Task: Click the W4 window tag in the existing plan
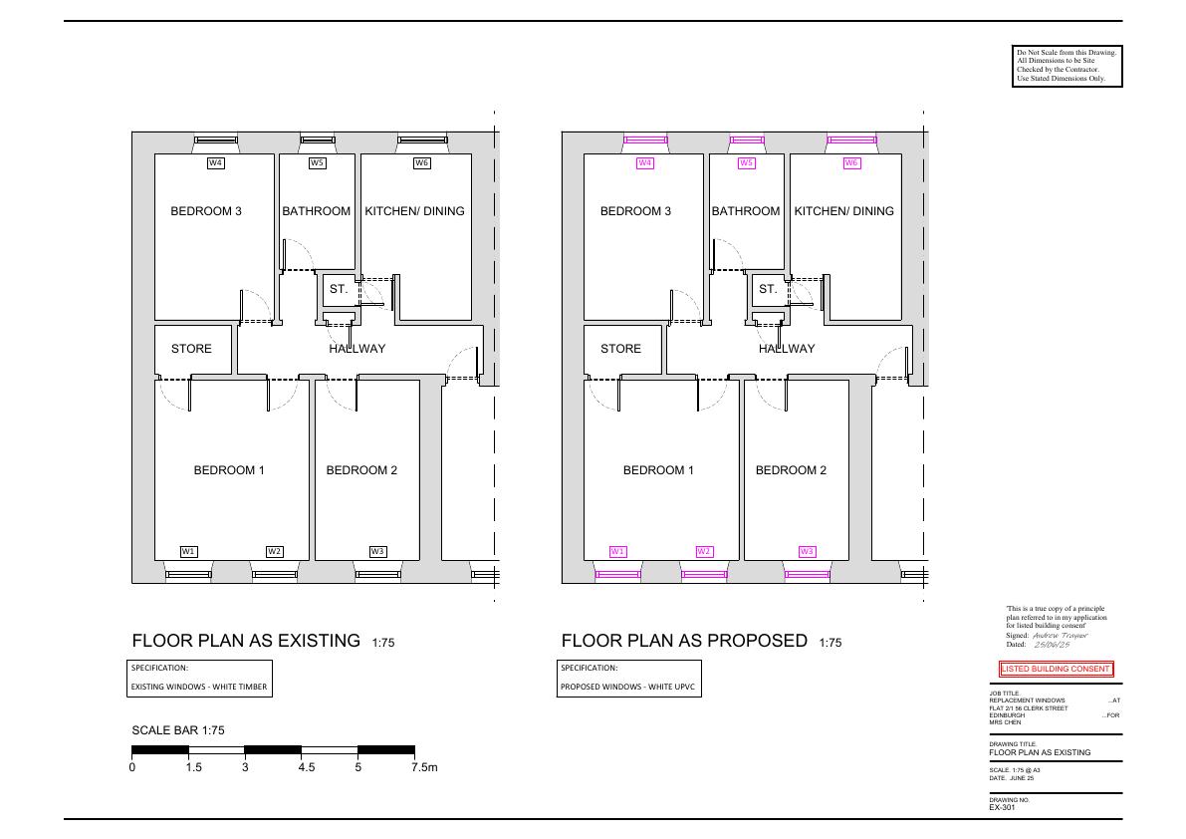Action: tap(215, 162)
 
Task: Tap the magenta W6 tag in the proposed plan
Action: tap(851, 162)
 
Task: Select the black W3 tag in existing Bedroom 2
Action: tap(378, 551)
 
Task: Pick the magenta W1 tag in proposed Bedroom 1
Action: tap(618, 551)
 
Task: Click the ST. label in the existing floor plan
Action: tap(339, 289)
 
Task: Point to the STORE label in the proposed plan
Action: tap(620, 349)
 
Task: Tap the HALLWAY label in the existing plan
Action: tap(357, 349)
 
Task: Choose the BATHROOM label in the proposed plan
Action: tap(746, 211)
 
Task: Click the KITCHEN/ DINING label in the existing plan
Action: tap(414, 211)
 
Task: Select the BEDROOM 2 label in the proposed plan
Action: tap(792, 469)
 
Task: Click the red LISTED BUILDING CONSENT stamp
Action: tap(1056, 669)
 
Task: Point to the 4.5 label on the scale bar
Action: tap(307, 767)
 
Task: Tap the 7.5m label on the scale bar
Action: tap(424, 767)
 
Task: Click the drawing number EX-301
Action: tap(1002, 807)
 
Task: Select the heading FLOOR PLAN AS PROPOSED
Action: tap(684, 641)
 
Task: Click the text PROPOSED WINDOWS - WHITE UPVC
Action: tap(627, 687)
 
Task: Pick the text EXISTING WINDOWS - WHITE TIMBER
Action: tap(199, 687)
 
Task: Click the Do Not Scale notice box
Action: tap(1067, 66)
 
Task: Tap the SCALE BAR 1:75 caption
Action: tap(178, 730)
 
